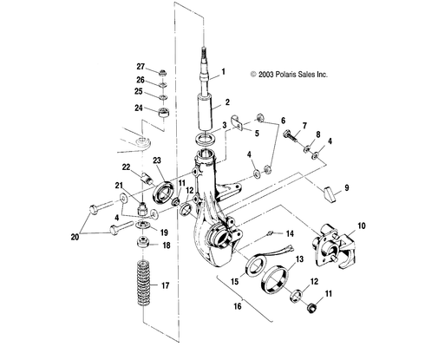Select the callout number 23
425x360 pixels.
pos(157,160)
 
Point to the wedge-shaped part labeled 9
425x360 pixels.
pos(330,194)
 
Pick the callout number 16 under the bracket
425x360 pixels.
pos(238,306)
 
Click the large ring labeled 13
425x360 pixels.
pos(275,280)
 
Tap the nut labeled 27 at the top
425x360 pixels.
pos(163,72)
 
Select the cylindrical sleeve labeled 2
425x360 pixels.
pos(205,113)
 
